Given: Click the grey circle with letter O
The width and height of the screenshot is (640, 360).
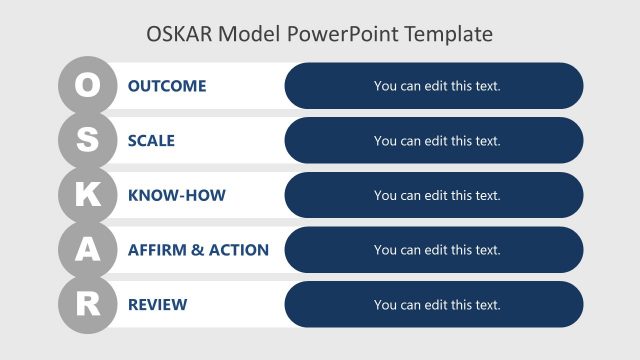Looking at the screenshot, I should [x=88, y=86].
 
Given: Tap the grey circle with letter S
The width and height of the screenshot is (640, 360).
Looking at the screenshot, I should [x=88, y=141].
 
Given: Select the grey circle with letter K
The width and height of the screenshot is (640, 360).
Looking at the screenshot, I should [x=88, y=196].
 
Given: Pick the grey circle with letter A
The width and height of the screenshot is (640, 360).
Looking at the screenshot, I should [x=88, y=250].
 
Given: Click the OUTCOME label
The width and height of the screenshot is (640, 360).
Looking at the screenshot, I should [x=167, y=86].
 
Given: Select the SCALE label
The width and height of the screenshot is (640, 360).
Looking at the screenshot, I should [x=151, y=141].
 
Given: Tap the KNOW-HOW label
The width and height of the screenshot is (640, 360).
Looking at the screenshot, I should [x=177, y=196].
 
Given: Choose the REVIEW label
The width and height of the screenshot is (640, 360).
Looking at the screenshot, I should [x=157, y=305].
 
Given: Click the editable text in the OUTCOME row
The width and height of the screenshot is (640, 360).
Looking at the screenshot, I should [x=437, y=86].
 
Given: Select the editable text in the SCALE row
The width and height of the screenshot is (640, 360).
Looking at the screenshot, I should [x=437, y=141].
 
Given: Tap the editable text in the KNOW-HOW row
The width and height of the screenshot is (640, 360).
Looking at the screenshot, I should [x=437, y=196].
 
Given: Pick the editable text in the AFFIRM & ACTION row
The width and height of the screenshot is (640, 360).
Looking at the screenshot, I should [x=437, y=250].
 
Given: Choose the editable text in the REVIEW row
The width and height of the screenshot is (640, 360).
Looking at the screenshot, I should [x=437, y=305].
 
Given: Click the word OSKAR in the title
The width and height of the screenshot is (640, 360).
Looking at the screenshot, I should [x=180, y=34].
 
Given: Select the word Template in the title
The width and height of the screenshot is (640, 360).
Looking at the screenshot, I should [x=451, y=34].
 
